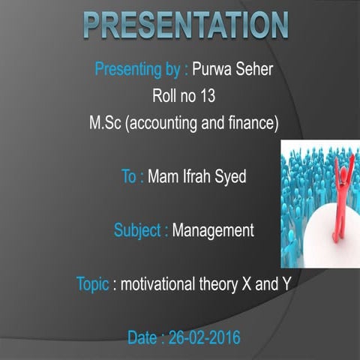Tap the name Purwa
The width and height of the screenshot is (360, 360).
point(212,70)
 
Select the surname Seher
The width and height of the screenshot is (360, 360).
point(253,70)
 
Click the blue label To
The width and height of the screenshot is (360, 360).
point(131,177)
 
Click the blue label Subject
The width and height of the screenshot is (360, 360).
point(139,230)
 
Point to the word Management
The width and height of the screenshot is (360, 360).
point(213,230)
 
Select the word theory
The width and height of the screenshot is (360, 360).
point(230,284)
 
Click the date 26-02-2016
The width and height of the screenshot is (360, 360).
point(202,338)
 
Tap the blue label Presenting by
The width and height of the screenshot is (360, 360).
point(139,70)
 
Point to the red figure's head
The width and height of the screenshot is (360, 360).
point(345,174)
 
